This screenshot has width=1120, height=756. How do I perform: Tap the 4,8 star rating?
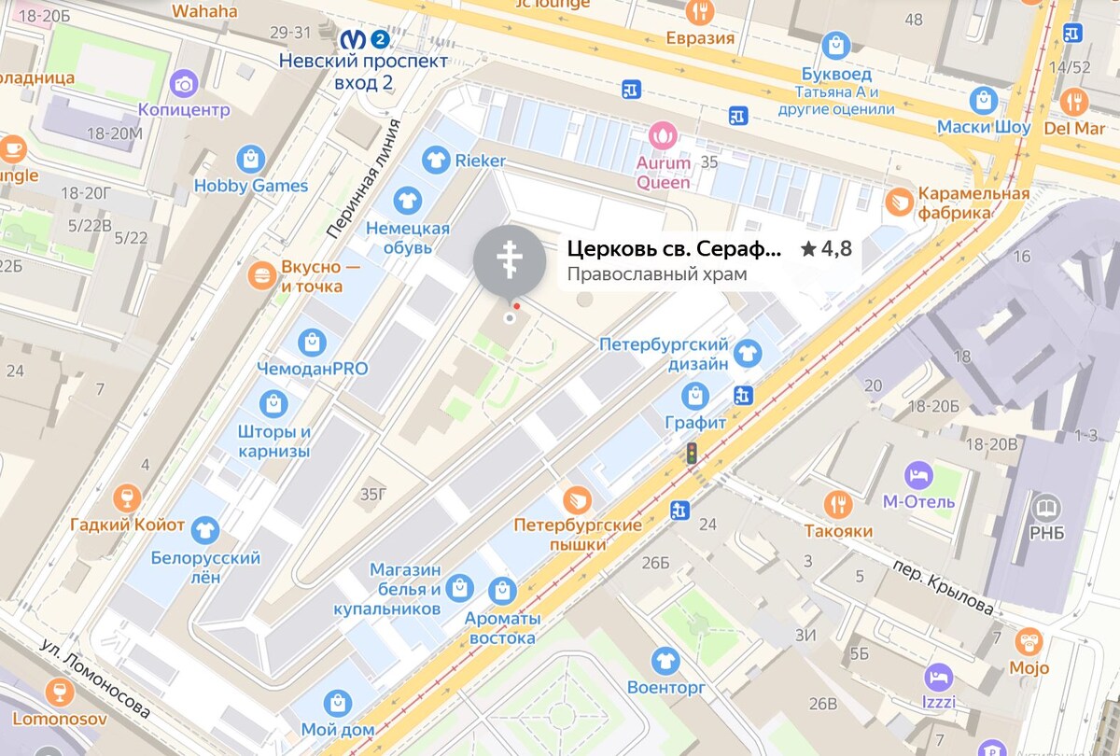tap(827, 249)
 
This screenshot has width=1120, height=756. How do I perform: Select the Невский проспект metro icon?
tap(353, 39)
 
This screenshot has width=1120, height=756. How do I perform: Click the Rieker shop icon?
tap(434, 161)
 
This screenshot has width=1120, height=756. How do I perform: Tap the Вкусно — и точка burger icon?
tap(261, 275)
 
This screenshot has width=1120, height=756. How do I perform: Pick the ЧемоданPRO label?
tap(313, 369)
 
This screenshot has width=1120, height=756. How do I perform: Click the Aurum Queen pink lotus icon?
tap(664, 136)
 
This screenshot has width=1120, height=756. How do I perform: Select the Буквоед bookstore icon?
tap(836, 45)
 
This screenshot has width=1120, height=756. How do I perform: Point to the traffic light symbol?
tap(692, 455)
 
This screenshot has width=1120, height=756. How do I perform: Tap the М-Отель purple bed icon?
tap(918, 474)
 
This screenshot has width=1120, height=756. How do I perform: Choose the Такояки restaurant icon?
tap(838, 504)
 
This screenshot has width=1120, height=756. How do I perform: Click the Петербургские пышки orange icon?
tap(577, 499)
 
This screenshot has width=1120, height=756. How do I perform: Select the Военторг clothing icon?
tap(665, 661)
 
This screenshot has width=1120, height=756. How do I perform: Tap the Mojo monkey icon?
tap(1029, 641)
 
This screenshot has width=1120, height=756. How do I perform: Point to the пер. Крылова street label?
tap(943, 587)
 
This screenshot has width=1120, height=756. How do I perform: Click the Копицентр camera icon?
tap(184, 84)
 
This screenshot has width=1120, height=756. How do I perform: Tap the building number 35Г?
tap(372, 494)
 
